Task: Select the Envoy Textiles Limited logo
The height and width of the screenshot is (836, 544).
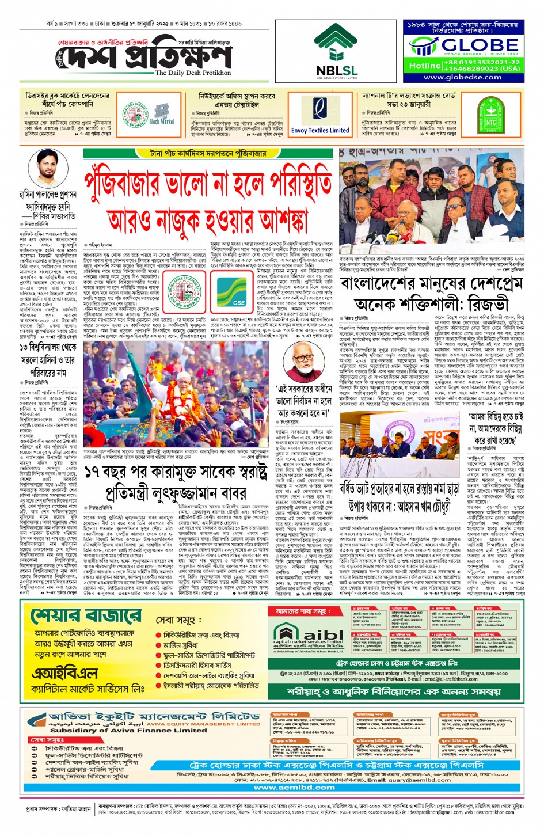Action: click(320, 115)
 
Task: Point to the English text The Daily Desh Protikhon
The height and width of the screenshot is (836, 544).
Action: click(193, 73)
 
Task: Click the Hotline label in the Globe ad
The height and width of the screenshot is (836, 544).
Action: click(425, 66)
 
